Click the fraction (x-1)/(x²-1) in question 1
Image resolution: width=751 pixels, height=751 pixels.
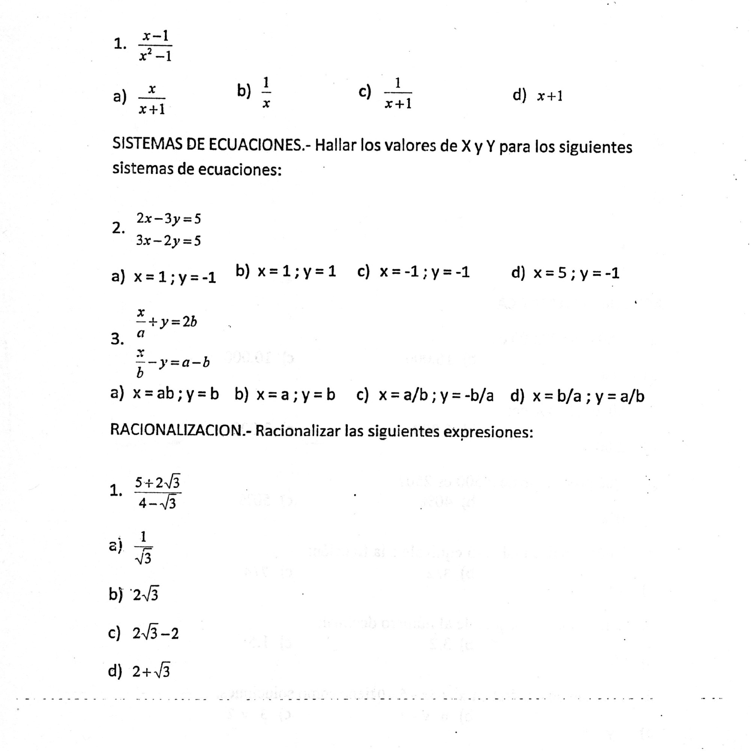click(x=155, y=46)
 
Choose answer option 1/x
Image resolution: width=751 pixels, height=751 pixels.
click(x=266, y=93)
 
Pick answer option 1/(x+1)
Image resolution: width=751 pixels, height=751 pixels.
click(x=398, y=93)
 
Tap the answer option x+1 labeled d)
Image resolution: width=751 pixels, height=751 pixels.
click(x=550, y=96)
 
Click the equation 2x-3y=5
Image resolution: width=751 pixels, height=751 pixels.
click(x=168, y=219)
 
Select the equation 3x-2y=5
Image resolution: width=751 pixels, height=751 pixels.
click(x=168, y=241)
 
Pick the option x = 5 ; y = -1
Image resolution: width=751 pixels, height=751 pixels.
click(x=576, y=273)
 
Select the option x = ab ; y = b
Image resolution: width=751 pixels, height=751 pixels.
click(x=176, y=395)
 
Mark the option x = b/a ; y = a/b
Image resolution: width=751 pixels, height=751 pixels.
click(x=588, y=396)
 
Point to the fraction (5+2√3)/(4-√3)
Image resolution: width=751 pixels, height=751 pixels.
click(x=157, y=493)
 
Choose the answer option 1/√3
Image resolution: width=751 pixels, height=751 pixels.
click(x=143, y=548)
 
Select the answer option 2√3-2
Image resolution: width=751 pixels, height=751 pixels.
click(x=155, y=633)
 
